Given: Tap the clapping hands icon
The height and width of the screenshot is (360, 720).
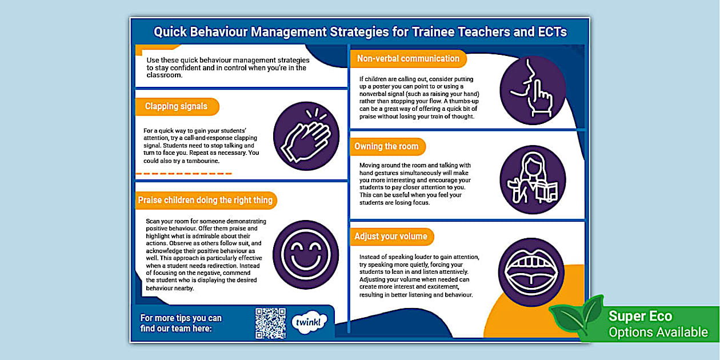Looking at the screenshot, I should coord(307,136).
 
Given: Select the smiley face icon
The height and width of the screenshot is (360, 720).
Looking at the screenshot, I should coord(307,254).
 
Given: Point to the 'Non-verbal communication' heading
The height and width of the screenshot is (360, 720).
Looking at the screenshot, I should coord(408,59).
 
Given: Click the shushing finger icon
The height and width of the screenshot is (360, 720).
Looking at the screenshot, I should coord(533,90).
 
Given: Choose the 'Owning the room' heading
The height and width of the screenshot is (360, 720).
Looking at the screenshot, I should coord(386,147).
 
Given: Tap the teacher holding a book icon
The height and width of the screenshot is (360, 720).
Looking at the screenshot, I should coord(533,179).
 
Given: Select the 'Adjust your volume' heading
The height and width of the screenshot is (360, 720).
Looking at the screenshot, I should coord(391,237).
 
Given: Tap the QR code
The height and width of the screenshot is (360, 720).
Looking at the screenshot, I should coord(270,323).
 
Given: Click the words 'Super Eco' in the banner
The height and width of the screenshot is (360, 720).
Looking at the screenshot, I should coord(640,317).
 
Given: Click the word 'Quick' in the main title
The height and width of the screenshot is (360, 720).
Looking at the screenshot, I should coord(170,32).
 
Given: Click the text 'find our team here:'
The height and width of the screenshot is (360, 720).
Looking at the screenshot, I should coord(176,329).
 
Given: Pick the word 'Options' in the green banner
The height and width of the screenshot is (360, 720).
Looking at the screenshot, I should coord(633,333).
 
